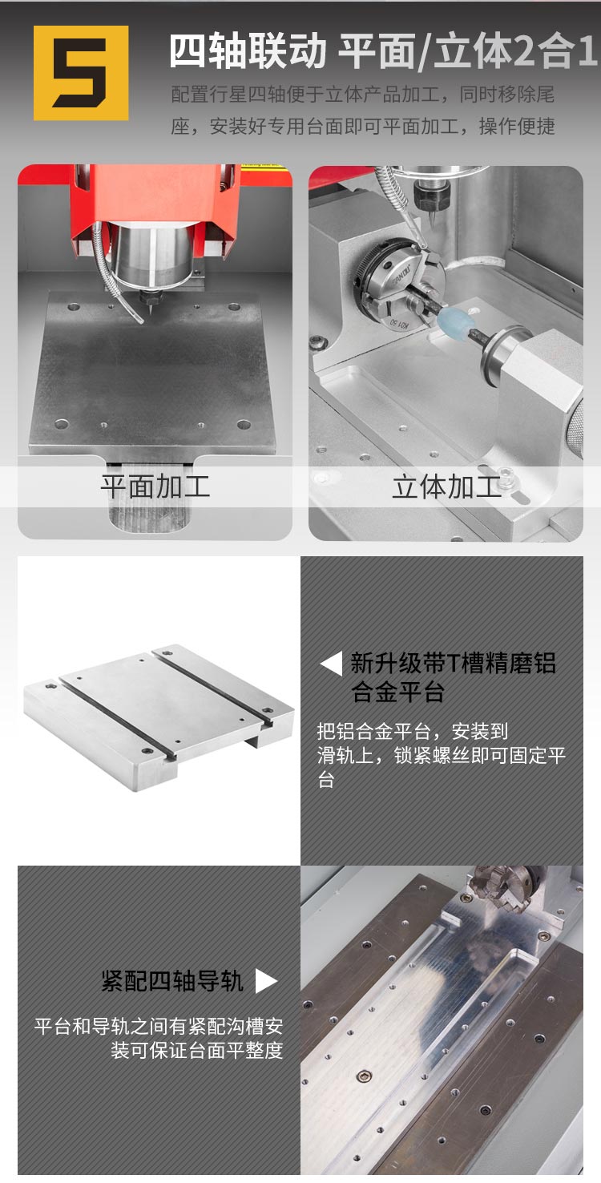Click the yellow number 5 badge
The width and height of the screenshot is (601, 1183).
pyautogui.click(x=81, y=73)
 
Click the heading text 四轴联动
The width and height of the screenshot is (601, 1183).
pyautogui.click(x=248, y=52)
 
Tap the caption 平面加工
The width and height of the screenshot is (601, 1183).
pyautogui.click(x=155, y=486)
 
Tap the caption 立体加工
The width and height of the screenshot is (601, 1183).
pyautogui.click(x=446, y=486)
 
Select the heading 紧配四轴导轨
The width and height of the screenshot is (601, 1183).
pyautogui.click(x=172, y=981)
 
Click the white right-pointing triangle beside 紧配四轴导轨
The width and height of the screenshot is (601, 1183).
pyautogui.click(x=266, y=981)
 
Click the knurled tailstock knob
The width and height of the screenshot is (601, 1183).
pyautogui.click(x=574, y=427)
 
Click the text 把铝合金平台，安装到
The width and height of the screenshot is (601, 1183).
pyautogui.click(x=413, y=732)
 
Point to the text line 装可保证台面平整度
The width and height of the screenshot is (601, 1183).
pyautogui.click(x=197, y=1050)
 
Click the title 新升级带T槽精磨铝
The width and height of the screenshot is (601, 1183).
pyautogui.click(x=453, y=664)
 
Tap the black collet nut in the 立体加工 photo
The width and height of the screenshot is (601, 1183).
pyautogui.click(x=430, y=196)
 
